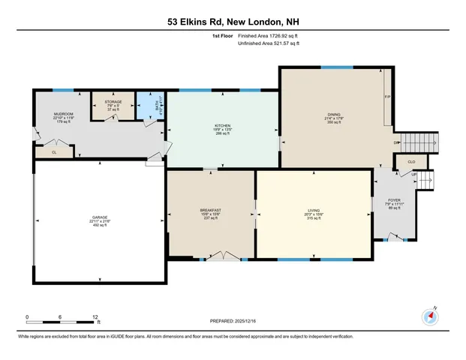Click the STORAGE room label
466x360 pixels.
point(113,102)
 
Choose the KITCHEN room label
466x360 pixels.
point(222,126)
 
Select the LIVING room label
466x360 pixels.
point(313,211)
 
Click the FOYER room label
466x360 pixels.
point(395,199)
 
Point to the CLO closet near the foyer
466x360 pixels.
point(411,160)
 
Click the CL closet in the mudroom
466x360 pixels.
point(55,151)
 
